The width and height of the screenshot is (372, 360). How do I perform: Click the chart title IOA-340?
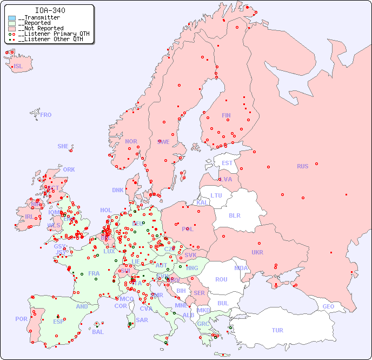(50, 10)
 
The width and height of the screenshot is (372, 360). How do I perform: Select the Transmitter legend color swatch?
(12, 18)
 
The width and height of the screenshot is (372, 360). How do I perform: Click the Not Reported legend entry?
(41, 28)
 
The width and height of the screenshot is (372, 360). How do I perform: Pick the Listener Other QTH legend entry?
(50, 39)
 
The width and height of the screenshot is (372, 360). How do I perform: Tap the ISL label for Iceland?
(18, 67)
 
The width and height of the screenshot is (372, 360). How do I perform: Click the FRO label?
(46, 115)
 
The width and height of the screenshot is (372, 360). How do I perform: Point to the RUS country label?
(302, 166)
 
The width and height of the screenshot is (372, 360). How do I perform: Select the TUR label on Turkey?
(277, 330)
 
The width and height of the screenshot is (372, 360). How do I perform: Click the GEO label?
(328, 306)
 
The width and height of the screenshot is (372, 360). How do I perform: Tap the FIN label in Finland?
(226, 115)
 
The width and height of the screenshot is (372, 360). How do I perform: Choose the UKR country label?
(257, 252)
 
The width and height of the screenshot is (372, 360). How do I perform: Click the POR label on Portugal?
(21, 319)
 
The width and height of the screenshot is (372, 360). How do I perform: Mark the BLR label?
(234, 215)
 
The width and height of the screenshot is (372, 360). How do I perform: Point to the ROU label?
(221, 279)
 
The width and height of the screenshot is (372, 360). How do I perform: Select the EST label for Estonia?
(227, 163)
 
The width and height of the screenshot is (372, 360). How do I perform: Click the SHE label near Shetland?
(63, 146)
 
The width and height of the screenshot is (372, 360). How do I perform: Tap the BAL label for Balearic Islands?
(98, 332)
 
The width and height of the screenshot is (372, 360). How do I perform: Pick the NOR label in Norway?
(131, 141)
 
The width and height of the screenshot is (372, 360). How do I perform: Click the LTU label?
(216, 195)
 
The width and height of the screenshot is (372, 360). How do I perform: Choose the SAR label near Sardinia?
(142, 320)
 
